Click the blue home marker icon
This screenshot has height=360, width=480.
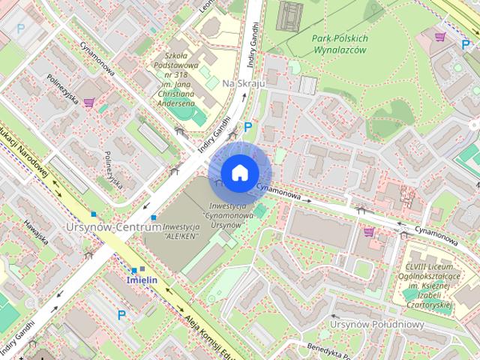click(x=239, y=172)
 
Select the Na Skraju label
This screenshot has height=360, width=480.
click(x=244, y=83)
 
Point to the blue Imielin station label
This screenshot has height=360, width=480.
click(x=141, y=280)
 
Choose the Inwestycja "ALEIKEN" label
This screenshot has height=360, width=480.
click(x=180, y=231)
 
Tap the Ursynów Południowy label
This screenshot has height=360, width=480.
click(x=377, y=325)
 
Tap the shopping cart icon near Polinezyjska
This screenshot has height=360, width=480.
click(x=89, y=103)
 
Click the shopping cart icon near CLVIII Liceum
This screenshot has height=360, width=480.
click(x=368, y=232)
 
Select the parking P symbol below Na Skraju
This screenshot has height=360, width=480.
click(x=247, y=127)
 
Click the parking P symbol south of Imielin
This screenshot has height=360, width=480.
click(x=121, y=316)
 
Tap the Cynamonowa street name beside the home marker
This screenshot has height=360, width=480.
click(x=283, y=193)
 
